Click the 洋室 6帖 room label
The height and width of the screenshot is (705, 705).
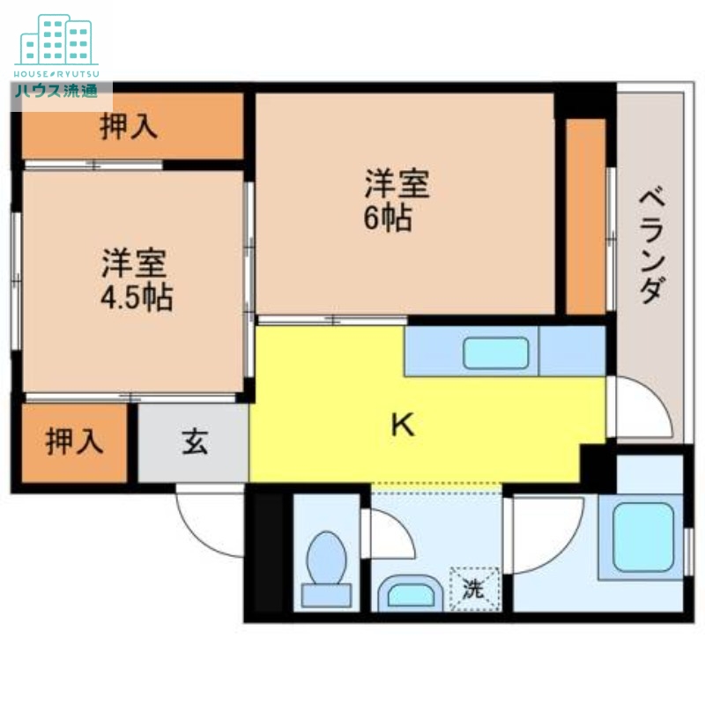[x=397, y=202]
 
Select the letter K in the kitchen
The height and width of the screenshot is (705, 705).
[x=403, y=426]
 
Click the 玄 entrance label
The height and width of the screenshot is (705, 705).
[x=195, y=441]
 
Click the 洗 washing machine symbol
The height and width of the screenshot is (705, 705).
[x=474, y=589]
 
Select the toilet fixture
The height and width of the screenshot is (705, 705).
[x=326, y=568]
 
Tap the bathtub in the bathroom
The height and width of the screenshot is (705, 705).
[x=642, y=537]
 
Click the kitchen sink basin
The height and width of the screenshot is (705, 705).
[x=497, y=353]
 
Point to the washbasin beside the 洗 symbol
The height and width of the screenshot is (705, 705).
[x=410, y=593]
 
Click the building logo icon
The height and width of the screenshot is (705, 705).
[x=56, y=40]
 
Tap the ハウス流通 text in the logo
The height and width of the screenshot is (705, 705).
[x=55, y=91]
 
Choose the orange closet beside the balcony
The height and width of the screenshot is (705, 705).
[x=585, y=216]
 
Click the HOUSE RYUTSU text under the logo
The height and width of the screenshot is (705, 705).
[x=56, y=73]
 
